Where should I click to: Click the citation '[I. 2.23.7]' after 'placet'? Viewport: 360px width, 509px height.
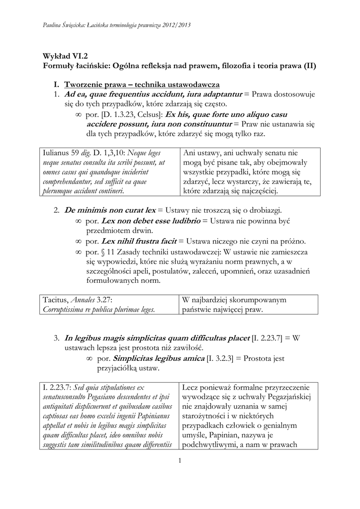click(x=269, y=338)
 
